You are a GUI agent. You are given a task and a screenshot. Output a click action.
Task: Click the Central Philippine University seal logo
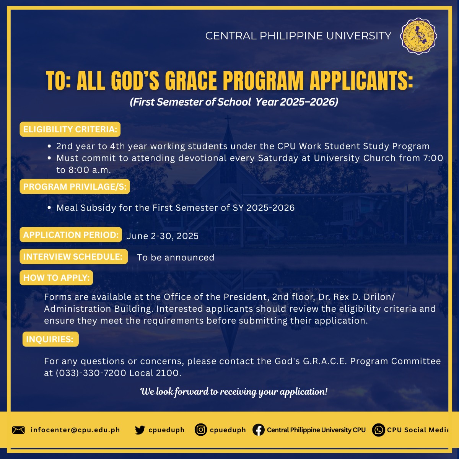click(x=418, y=36)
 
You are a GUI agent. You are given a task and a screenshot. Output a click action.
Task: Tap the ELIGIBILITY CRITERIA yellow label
click(x=70, y=129)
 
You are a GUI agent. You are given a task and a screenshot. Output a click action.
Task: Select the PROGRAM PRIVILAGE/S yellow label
click(x=75, y=187)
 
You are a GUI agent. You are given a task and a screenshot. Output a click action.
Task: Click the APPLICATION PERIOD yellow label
click(x=71, y=234)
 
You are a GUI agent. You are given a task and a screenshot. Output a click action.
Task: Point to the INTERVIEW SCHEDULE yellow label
click(x=73, y=257)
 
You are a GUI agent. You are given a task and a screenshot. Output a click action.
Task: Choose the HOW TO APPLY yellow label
click(x=56, y=277)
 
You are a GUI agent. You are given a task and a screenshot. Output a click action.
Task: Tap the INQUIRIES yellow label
click(x=50, y=339)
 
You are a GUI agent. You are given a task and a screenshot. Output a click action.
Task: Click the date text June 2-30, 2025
click(x=163, y=236)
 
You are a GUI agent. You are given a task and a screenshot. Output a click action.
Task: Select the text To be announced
click(x=176, y=257)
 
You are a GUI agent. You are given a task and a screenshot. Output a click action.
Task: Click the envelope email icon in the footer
click(x=19, y=430)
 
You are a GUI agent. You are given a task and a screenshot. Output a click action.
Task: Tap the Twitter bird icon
click(x=140, y=430)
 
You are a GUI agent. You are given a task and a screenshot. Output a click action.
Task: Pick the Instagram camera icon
click(x=200, y=430)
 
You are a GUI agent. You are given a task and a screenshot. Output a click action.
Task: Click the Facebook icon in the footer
click(x=259, y=430)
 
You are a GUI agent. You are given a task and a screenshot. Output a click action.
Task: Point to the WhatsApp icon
click(x=379, y=430)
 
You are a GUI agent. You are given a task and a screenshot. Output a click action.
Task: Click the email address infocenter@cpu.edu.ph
click(x=75, y=430)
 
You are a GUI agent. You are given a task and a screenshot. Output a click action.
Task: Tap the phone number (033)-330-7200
click(x=91, y=373)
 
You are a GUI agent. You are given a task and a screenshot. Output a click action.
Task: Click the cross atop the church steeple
click(x=228, y=119)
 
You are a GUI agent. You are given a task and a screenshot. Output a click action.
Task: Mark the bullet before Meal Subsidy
click(x=49, y=208)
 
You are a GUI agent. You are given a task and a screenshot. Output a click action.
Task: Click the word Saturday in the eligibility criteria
click(x=278, y=158)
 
